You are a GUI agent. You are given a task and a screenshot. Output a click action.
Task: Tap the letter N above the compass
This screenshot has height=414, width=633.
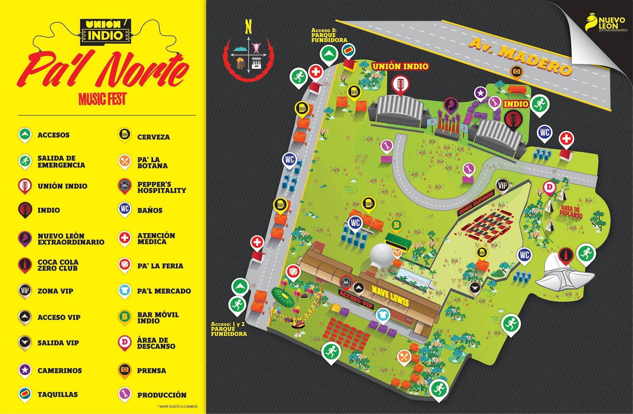(248, 28)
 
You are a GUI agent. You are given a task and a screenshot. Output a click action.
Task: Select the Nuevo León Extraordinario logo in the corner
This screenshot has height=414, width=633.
(605, 24)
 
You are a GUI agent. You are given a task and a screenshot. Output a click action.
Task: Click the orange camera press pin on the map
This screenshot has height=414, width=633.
(516, 72)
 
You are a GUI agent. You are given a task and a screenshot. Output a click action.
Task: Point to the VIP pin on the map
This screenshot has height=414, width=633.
(502, 186)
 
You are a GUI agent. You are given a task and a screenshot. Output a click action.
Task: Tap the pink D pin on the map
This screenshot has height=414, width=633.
(550, 187)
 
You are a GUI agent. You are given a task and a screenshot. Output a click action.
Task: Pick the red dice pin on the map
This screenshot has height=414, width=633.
(293, 272)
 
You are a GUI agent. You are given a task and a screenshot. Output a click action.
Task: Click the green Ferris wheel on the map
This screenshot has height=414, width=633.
(282, 298)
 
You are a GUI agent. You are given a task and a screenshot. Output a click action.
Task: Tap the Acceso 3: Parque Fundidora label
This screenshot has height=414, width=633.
(329, 35)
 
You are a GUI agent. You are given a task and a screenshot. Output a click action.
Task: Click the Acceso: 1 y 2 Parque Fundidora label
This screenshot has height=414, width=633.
(228, 329)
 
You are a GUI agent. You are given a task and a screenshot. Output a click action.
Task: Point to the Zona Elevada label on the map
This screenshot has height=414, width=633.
(476, 203)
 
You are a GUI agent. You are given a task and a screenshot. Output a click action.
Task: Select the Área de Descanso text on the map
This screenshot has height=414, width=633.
(571, 212)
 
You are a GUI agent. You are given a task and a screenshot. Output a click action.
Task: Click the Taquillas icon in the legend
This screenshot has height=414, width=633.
(25, 394)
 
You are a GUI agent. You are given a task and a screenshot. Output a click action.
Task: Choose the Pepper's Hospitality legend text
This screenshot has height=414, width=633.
(161, 187)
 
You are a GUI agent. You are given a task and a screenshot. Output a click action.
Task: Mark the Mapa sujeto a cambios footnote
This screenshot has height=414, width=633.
(177, 406)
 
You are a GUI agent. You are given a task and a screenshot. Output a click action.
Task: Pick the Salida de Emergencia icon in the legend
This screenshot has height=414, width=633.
(25, 161)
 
